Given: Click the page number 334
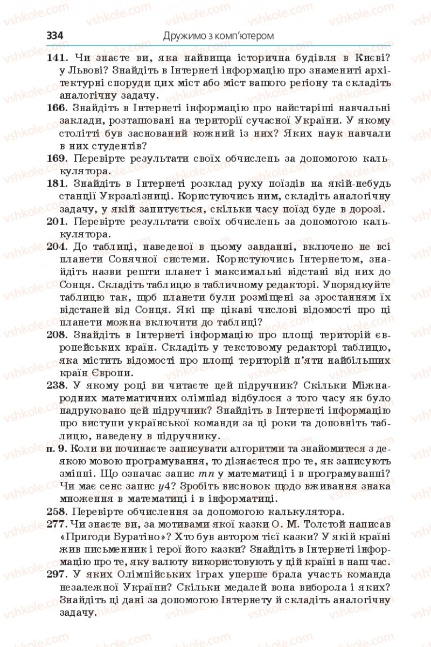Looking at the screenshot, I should [55, 36].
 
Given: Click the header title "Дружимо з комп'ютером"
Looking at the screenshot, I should [218, 36].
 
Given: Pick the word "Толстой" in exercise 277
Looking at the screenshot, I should [315, 524].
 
